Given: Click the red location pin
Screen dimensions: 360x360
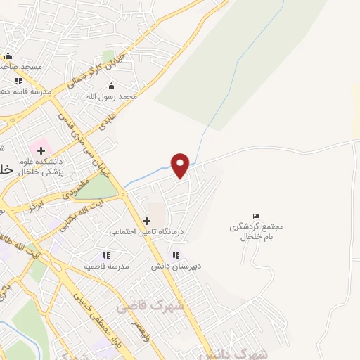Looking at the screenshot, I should click(181, 165).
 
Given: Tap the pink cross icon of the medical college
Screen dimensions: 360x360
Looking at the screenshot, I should click(41, 150).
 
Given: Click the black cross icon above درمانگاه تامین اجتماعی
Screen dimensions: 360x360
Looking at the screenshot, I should click(146, 220).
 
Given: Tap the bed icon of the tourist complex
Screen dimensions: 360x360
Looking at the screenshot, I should click(256, 216).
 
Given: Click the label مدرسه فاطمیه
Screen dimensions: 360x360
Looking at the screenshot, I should click(105, 266).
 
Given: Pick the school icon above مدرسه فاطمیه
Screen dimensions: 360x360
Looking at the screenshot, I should click(105, 256).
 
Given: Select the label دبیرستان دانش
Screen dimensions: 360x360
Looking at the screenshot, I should click(176, 266).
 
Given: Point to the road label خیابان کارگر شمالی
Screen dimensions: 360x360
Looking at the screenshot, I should click(89, 70).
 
